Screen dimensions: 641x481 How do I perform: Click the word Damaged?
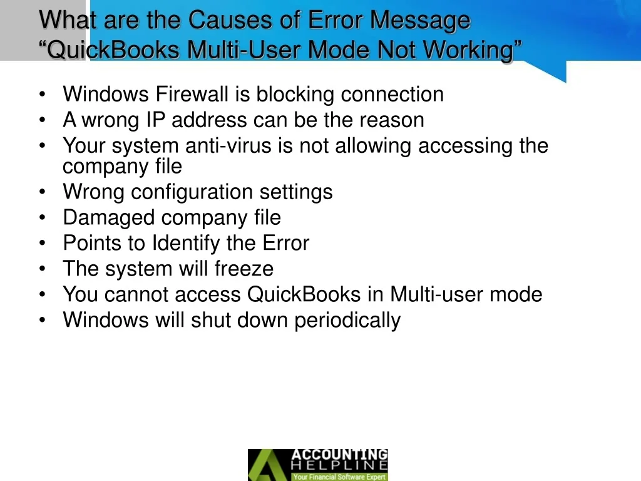109,218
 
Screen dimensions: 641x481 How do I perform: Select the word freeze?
244,269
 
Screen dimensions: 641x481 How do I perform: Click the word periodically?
347,320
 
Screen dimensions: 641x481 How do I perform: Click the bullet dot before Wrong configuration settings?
42,192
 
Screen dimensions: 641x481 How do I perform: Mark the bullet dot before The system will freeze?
42,269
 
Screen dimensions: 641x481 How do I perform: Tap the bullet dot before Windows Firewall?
42,94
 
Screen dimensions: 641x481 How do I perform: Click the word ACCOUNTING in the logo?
339,455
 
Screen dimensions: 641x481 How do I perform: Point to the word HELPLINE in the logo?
339,465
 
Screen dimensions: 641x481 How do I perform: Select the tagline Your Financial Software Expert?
339,477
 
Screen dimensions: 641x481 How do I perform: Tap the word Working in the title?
468,49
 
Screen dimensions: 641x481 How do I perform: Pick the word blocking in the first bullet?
295,94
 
